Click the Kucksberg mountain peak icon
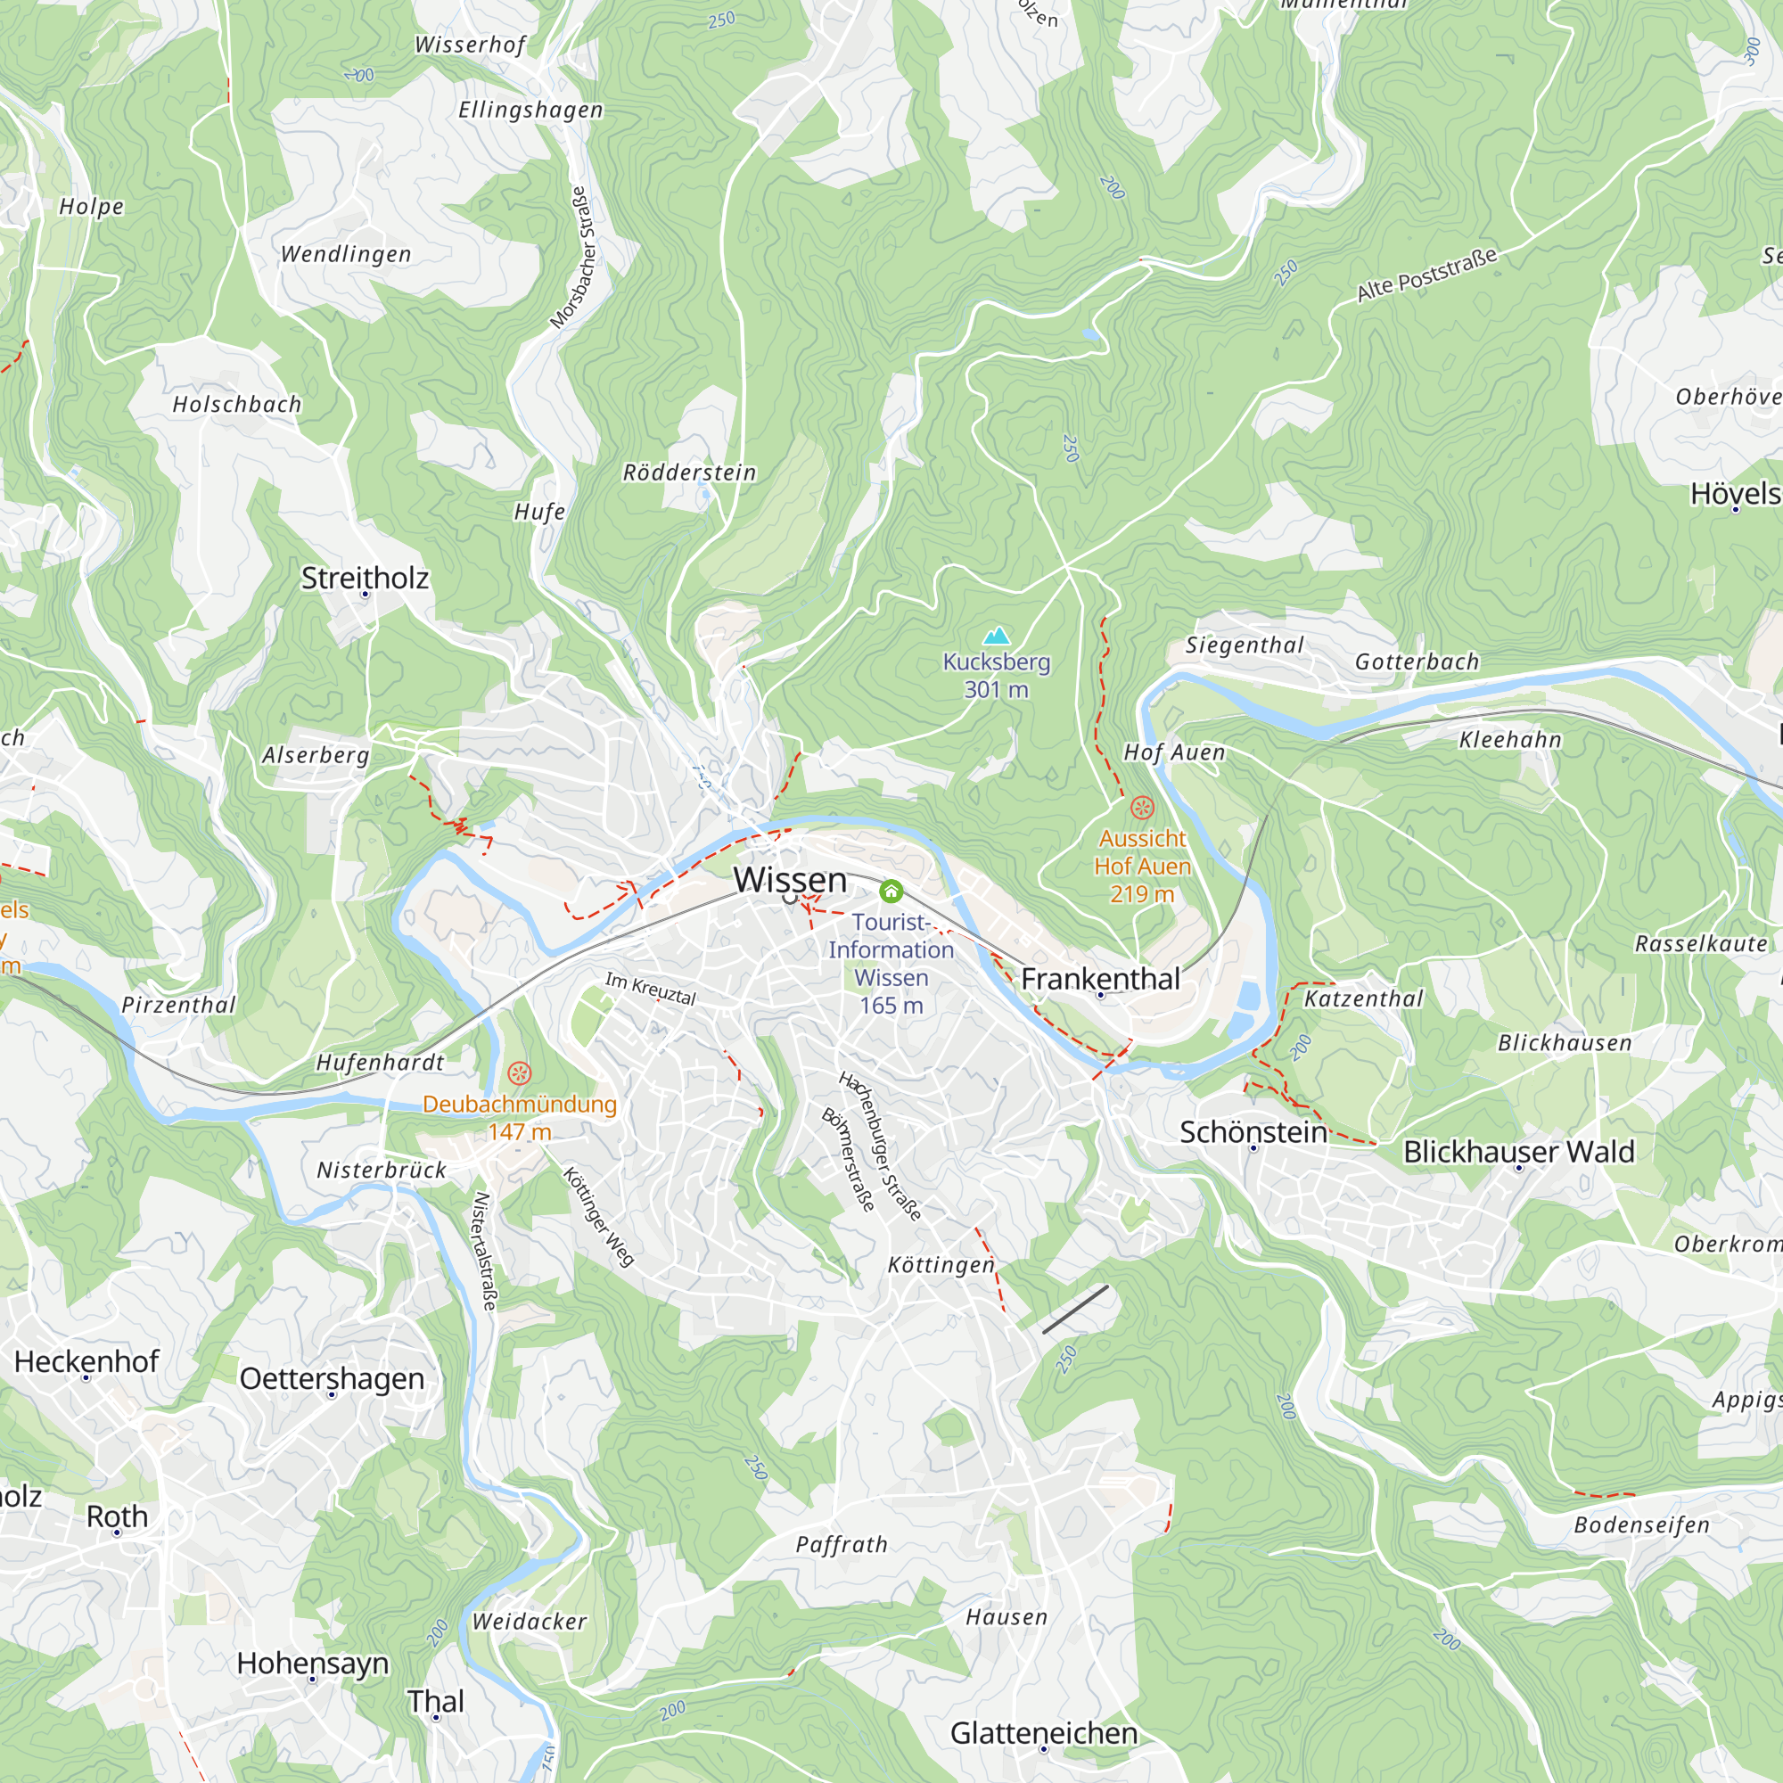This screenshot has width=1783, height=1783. click(996, 636)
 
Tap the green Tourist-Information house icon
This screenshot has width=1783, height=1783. click(891, 891)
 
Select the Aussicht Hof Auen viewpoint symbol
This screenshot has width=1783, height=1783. click(1142, 809)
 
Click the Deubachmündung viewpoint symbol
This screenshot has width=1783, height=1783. click(520, 1073)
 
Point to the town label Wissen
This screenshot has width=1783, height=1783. click(790, 880)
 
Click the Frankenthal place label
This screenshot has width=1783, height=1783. click(1100, 978)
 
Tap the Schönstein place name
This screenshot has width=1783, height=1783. click(1253, 1131)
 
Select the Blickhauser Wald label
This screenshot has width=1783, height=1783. click(1518, 1151)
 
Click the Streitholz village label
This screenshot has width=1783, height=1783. click(365, 578)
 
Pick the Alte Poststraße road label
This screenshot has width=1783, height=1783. click(1426, 274)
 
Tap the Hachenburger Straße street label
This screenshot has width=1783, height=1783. click(880, 1146)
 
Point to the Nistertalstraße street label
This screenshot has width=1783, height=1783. click(484, 1250)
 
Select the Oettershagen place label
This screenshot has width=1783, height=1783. click(332, 1378)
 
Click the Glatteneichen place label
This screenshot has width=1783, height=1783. click(1044, 1732)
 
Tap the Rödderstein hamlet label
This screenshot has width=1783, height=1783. click(689, 472)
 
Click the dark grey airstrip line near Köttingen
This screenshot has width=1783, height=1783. click(1075, 1309)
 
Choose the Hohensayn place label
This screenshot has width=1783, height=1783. click(312, 1662)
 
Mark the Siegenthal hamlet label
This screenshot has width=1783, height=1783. click(1244, 645)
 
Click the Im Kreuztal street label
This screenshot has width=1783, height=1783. click(650, 989)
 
